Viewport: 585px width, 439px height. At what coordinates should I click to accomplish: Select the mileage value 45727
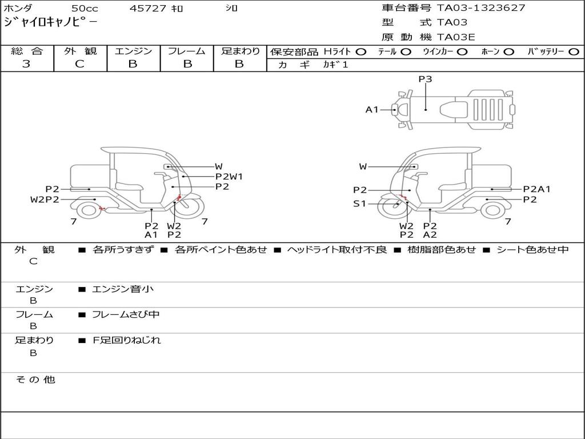click(x=148, y=9)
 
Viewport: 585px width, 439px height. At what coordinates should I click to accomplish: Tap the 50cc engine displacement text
click(x=84, y=9)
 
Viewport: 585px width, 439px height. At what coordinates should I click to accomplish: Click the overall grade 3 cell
click(x=26, y=64)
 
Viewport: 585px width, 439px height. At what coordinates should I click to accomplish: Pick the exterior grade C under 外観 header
click(x=79, y=64)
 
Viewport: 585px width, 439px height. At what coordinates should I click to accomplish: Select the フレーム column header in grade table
click(x=187, y=51)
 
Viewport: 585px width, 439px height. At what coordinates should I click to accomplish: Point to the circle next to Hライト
click(x=361, y=52)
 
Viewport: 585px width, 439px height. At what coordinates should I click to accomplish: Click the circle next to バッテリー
click(x=574, y=52)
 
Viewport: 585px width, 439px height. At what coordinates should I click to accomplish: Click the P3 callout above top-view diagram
click(x=425, y=79)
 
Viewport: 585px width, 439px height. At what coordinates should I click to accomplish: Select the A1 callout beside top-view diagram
click(x=372, y=109)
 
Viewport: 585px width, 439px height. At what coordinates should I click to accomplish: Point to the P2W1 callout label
click(x=229, y=177)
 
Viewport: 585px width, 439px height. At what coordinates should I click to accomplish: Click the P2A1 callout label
click(x=536, y=189)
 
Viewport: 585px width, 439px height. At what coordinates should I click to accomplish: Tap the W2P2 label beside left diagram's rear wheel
click(x=45, y=199)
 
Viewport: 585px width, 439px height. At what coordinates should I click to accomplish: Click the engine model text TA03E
click(x=456, y=37)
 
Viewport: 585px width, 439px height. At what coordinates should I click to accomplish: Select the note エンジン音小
click(x=123, y=289)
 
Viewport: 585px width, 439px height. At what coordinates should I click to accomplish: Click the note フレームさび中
click(x=126, y=314)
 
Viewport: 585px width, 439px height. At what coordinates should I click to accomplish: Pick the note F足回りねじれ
click(x=127, y=340)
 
